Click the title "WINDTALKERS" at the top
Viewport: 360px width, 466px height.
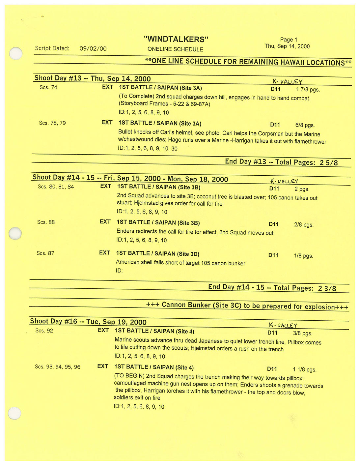pyautogui.click(x=176, y=39)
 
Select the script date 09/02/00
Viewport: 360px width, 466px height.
pyautogui.click(x=93, y=48)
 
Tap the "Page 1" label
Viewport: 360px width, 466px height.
pyautogui.click(x=289, y=40)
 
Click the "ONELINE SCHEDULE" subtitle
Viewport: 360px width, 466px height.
pyautogui.click(x=175, y=49)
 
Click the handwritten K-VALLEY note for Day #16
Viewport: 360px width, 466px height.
pyautogui.click(x=283, y=325)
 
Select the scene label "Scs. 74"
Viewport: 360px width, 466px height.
pyautogui.click(x=48, y=87)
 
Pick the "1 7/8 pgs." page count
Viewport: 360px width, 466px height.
pyautogui.click(x=308, y=90)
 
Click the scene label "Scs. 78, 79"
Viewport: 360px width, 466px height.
pyautogui.click(x=52, y=123)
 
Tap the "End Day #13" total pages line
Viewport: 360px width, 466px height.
pyautogui.click(x=281, y=162)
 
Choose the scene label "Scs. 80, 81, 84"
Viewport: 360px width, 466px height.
pyautogui.click(x=56, y=187)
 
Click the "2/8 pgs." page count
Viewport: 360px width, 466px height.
pyautogui.click(x=304, y=225)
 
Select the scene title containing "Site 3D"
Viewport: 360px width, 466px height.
pyautogui.click(x=157, y=254)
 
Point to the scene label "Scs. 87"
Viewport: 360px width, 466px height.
pyautogui.click(x=45, y=253)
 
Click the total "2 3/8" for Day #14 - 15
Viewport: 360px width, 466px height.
pyautogui.click(x=327, y=288)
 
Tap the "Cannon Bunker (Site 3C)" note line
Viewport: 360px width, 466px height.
pyautogui.click(x=247, y=306)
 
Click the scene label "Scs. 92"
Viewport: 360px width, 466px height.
pyautogui.click(x=44, y=331)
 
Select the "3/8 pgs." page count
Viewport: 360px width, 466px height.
pyautogui.click(x=302, y=334)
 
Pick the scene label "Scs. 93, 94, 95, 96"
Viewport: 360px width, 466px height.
pyautogui.click(x=58, y=367)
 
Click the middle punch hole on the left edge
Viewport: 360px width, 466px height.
pyautogui.click(x=15, y=234)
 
